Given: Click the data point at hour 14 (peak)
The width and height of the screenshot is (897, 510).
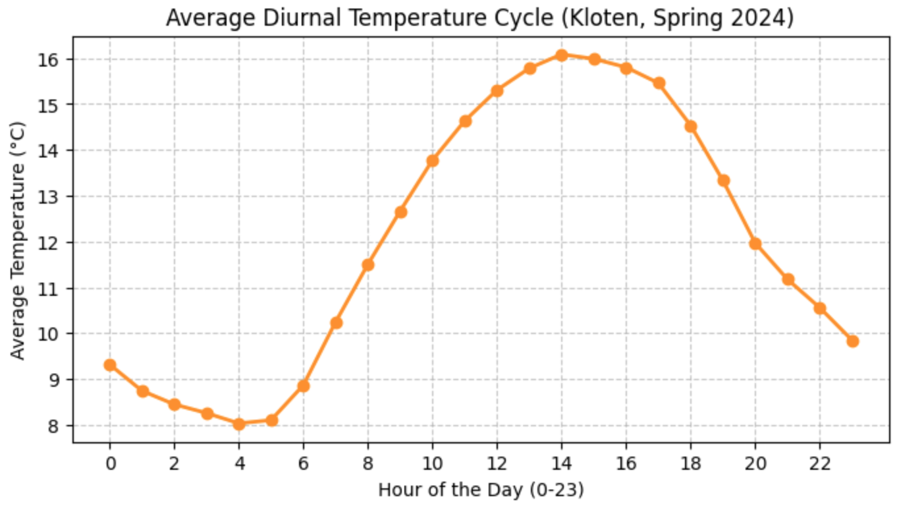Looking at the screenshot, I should (562, 55).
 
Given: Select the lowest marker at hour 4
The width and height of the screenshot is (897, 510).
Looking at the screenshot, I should (239, 424).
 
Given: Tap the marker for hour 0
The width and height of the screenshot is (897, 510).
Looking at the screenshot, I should (110, 365).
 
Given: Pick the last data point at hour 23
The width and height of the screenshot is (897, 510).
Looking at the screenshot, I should (852, 341).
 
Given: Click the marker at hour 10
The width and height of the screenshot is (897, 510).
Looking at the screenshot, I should (433, 160).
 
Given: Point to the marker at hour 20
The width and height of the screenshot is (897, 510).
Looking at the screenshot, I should (755, 244).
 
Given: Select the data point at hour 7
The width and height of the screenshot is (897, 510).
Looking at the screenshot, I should (336, 322).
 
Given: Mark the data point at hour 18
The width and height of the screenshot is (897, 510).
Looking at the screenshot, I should (691, 127).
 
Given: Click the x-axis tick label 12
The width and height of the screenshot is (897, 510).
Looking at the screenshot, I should (497, 463).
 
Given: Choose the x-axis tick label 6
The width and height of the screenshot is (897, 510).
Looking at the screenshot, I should (304, 463).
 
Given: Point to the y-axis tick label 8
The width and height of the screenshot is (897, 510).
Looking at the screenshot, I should (56, 426).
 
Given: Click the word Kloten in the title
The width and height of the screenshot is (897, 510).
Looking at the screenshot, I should (589, 18).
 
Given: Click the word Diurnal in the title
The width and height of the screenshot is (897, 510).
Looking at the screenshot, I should (284, 18).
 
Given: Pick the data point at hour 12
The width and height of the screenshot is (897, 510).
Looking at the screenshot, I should (497, 90).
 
